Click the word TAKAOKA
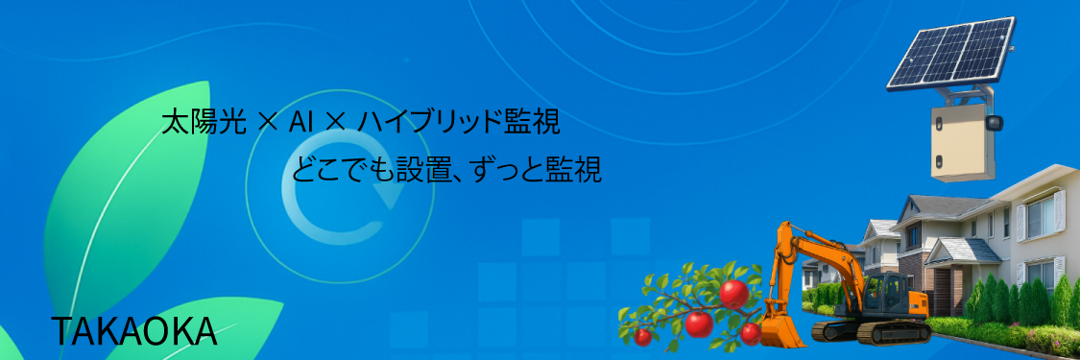134,332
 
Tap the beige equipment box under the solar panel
963,141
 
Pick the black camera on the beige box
994,123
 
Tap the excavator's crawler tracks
871,332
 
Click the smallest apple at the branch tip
642,337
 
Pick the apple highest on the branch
734,294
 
